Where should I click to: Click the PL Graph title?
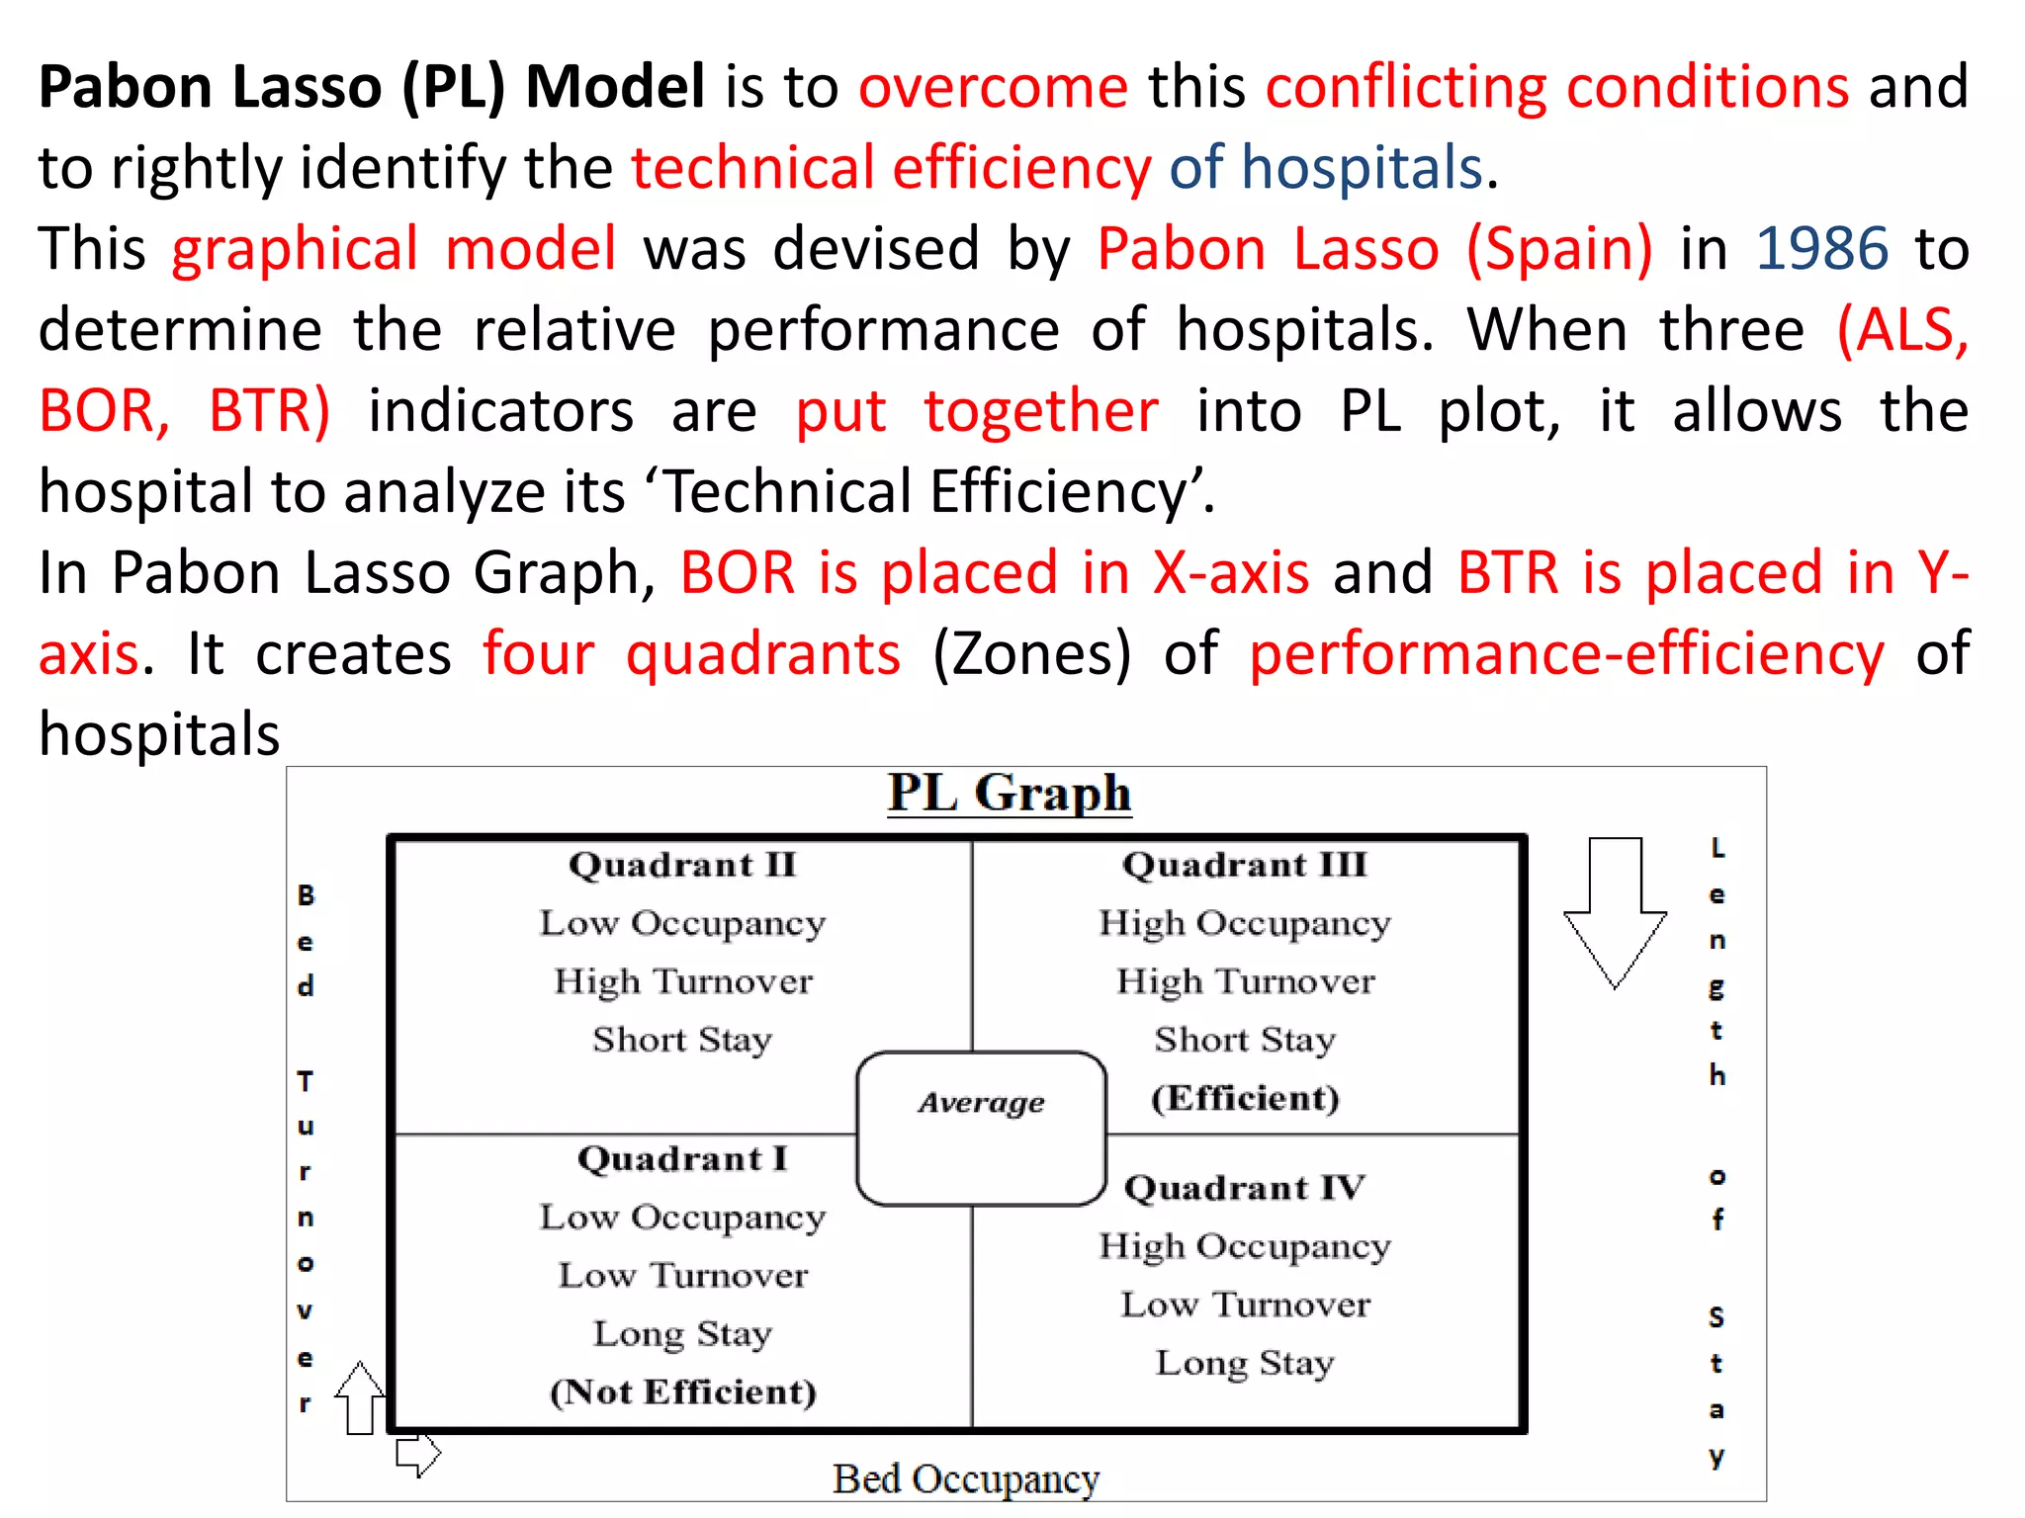(x=1009, y=794)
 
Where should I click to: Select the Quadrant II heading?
(x=682, y=865)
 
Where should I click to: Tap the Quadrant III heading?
(x=1244, y=865)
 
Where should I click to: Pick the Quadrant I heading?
(x=682, y=1158)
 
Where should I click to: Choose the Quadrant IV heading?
(x=1244, y=1187)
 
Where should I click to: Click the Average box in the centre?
(x=981, y=1127)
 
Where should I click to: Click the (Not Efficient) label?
(x=682, y=1391)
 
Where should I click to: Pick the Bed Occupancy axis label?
(x=965, y=1479)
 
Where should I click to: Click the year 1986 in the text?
(x=1821, y=248)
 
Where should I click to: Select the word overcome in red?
(x=993, y=87)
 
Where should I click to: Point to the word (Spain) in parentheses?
(x=1559, y=248)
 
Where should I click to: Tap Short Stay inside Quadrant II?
(x=682, y=1040)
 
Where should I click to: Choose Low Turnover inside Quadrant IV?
(x=1244, y=1305)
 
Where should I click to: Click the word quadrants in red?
(x=763, y=653)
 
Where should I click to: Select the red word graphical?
(x=295, y=248)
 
